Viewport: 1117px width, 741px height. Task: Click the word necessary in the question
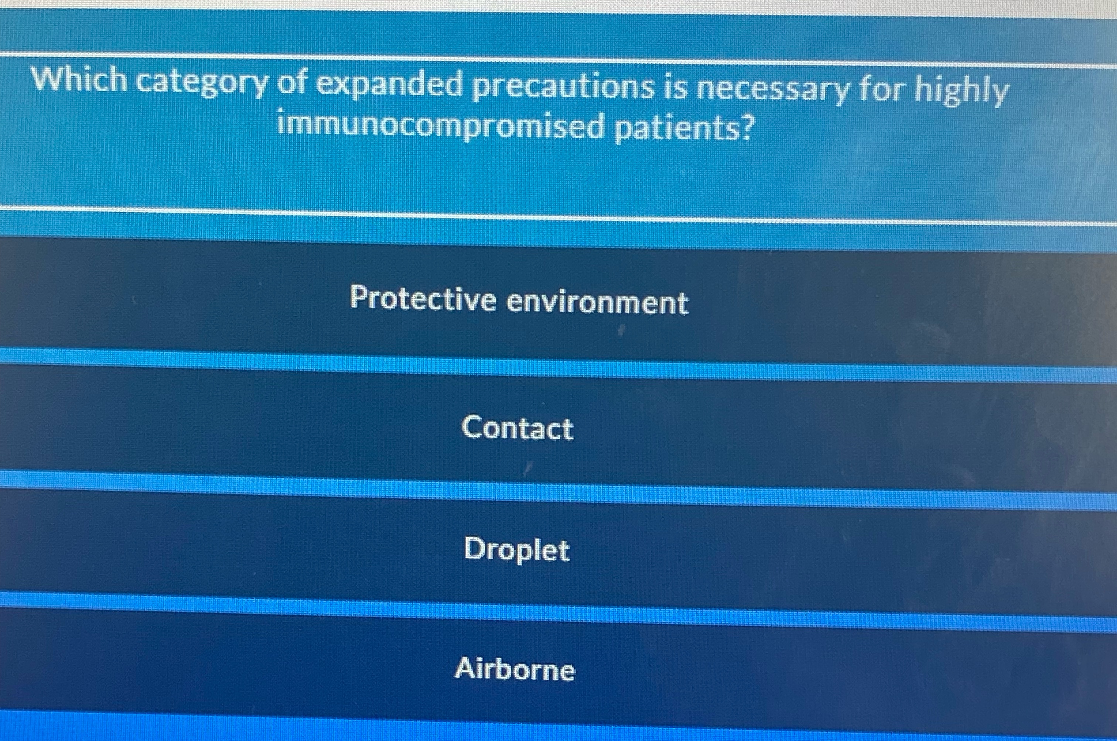click(772, 90)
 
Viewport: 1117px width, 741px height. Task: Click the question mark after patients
click(745, 128)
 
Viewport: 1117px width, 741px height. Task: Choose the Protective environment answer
click(519, 300)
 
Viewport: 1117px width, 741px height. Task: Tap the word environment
click(597, 303)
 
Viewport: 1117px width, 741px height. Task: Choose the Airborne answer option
click(515, 669)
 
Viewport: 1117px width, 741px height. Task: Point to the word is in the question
click(674, 88)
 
